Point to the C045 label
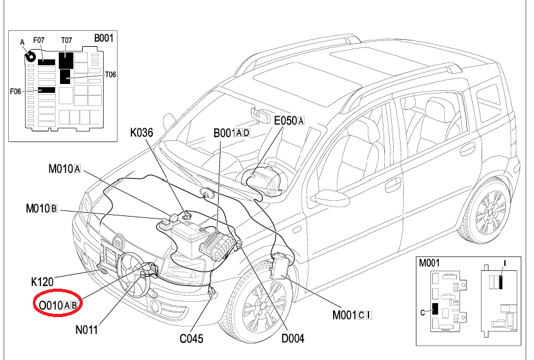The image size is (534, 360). point(191,339)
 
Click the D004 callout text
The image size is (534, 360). point(293,339)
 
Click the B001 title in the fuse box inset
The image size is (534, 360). point(104,38)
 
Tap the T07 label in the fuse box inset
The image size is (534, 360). point(66,40)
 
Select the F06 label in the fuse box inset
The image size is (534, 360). point(16,92)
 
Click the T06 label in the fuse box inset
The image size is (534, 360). point(111,75)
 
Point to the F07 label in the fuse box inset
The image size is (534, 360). point(39,40)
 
